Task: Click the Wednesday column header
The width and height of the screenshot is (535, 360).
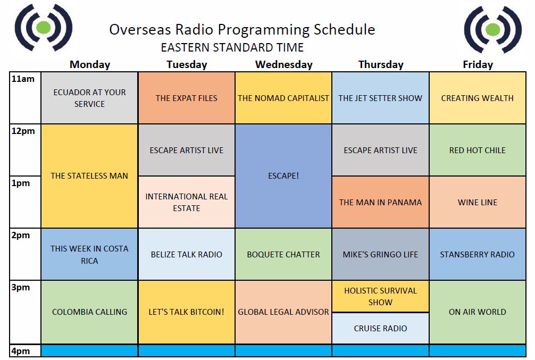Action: coord(283,64)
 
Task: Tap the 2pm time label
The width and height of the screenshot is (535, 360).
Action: coord(20,235)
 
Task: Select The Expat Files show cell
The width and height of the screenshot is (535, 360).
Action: coord(187,98)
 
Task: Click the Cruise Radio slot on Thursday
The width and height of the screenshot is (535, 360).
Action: coord(380,328)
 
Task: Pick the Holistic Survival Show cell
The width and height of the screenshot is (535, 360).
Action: coord(380,296)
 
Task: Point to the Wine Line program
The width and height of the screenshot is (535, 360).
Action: coord(478,202)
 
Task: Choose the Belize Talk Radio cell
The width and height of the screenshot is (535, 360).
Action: coord(187,254)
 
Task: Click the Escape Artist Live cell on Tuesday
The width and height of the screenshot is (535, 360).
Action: coord(187,150)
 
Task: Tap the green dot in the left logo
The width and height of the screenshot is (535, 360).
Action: coord(43,27)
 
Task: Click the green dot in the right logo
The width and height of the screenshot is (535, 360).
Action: coord(492,29)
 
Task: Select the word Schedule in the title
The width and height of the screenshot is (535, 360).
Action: coord(344,30)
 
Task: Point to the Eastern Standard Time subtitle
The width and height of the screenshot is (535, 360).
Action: coord(232,47)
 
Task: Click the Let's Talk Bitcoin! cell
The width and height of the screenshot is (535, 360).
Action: coord(187,312)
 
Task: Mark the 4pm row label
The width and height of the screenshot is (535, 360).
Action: coord(20,351)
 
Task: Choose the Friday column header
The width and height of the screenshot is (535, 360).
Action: coord(478,64)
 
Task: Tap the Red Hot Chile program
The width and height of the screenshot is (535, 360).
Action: coord(478,150)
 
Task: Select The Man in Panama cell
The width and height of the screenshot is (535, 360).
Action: coord(380,202)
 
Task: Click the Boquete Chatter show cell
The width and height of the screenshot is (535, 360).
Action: coord(283,254)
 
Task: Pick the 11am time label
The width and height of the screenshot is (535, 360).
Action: coord(23,79)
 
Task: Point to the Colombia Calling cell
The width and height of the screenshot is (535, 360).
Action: coord(89,312)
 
